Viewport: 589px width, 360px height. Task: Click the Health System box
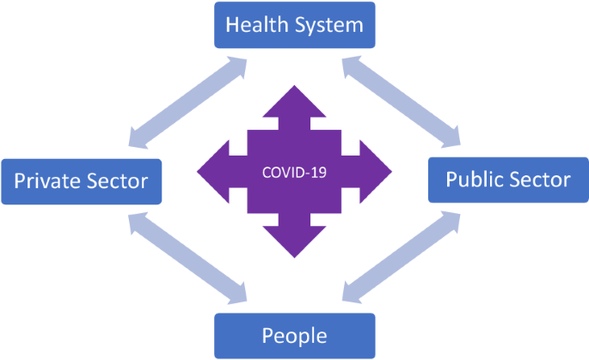294,24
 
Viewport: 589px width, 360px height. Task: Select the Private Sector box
81,181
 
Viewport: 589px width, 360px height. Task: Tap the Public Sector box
507,180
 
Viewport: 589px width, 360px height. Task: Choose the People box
294,335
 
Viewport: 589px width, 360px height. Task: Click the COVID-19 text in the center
294,172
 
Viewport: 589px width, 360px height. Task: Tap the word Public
474,180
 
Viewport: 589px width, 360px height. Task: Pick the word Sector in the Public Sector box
540,180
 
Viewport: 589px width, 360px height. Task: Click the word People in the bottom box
294,335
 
